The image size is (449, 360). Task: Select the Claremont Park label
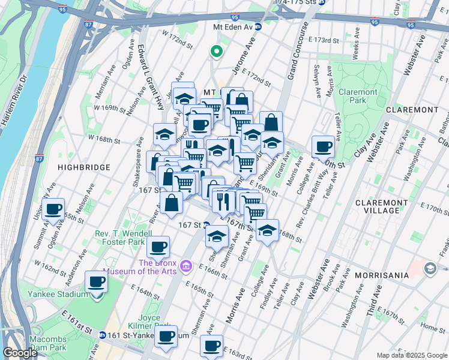coord(358,97)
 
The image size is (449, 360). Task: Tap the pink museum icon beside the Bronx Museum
coord(186,266)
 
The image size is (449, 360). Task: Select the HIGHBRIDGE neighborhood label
coord(85,167)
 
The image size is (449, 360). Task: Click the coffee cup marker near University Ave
coord(54,209)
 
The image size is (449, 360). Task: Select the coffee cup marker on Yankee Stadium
coord(96,281)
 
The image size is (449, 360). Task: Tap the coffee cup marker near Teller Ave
coord(323,146)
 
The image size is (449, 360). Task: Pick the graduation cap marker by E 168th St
coord(267,229)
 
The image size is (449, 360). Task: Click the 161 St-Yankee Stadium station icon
coord(103,335)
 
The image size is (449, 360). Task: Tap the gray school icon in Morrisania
coord(430,268)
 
